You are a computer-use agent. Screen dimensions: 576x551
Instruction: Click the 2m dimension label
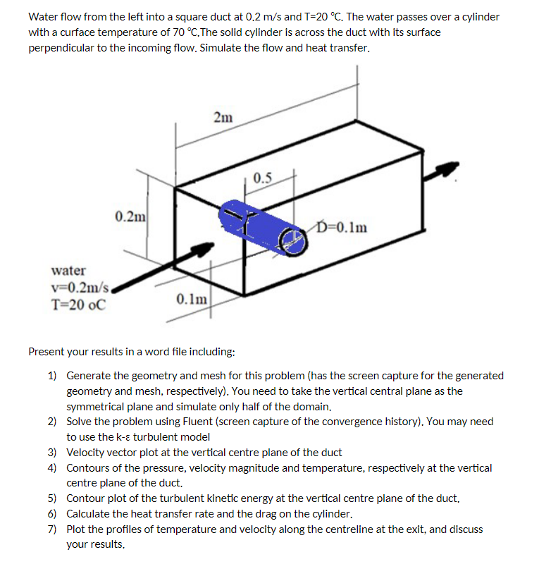click(223, 118)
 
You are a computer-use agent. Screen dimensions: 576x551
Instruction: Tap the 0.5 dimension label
click(263, 176)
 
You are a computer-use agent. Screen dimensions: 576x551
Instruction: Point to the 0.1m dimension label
click(191, 299)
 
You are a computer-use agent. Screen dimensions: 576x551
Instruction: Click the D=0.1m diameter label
click(342, 227)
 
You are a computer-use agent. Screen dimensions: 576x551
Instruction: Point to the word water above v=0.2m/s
click(69, 271)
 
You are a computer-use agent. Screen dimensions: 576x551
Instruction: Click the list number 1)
click(53, 376)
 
